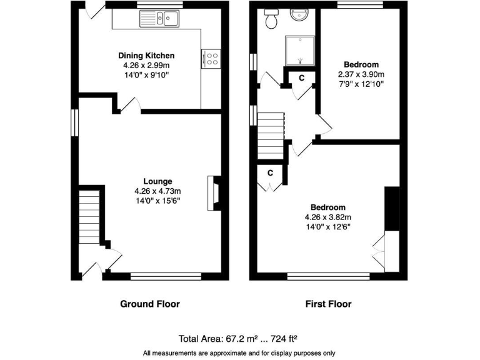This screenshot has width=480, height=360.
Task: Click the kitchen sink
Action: pos(167,19)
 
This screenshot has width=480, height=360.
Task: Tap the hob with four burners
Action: pos(212,58)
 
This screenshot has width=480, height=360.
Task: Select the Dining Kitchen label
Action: pos(146,56)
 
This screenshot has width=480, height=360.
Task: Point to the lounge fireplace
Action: pos(214,192)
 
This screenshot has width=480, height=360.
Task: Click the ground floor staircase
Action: pos(89,218)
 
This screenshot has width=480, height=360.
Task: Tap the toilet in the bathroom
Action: pos(272,20)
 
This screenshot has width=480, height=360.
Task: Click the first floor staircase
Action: pos(272,134)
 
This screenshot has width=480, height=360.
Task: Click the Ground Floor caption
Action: pos(149,304)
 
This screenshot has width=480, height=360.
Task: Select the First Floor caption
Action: pos(327,304)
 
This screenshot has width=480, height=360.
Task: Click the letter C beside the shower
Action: pos(301,77)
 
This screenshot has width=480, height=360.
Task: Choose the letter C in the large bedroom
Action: pos(270,172)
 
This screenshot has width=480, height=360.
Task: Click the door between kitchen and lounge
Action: pos(129,106)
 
